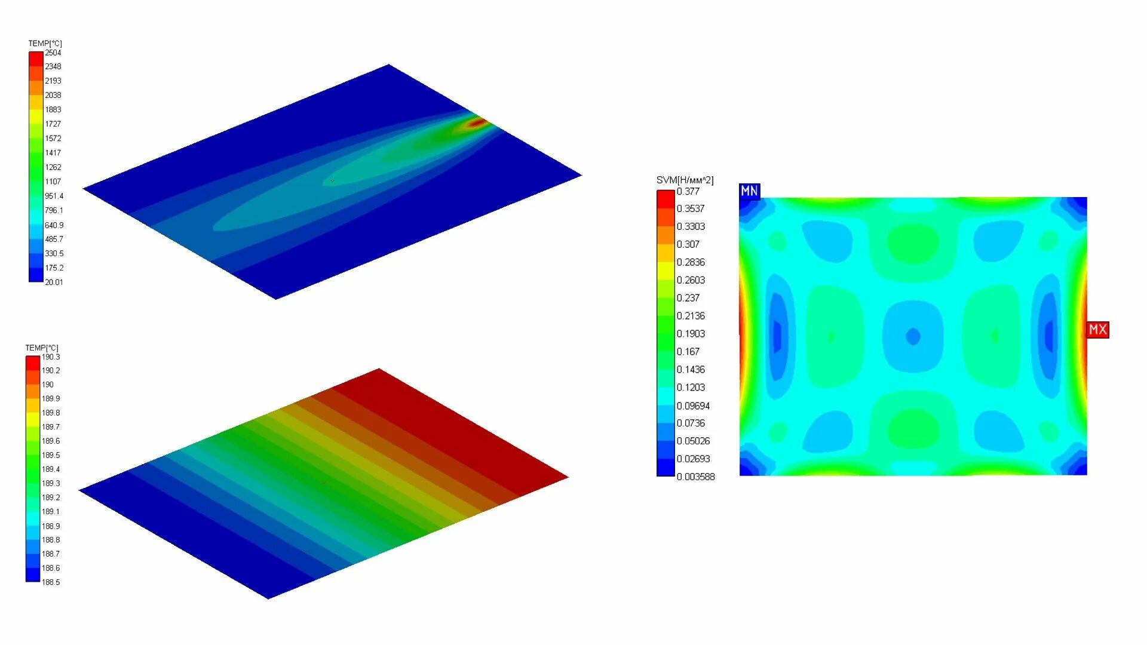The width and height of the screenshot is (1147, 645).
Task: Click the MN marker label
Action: click(749, 191)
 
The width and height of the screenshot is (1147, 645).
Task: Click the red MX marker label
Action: click(1097, 330)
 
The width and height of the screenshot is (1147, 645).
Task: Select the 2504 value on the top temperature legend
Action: click(53, 53)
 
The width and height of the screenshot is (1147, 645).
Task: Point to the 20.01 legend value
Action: click(54, 282)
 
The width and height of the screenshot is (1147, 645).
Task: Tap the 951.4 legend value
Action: click(54, 196)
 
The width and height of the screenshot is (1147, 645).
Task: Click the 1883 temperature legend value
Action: click(53, 109)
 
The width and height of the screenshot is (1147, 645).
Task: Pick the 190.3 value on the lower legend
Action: click(51, 357)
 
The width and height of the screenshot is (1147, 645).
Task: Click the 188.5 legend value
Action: click(51, 582)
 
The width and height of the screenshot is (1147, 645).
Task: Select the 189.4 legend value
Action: click(51, 469)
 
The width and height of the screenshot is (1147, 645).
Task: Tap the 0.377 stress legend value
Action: click(688, 191)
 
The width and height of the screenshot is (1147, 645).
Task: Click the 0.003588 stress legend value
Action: click(695, 477)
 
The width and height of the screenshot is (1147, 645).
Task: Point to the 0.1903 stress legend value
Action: click(691, 333)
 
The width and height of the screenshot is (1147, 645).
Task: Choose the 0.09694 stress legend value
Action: click(693, 406)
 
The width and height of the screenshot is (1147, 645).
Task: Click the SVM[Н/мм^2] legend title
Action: click(685, 180)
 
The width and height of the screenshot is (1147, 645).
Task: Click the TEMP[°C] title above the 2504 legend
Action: click(45, 43)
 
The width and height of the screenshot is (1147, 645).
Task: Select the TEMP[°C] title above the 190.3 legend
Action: click(42, 348)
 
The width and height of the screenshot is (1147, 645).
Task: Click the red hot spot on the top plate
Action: click(477, 123)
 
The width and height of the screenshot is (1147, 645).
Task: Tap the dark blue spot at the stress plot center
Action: click(913, 336)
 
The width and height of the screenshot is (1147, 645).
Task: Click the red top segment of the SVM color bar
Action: click(665, 199)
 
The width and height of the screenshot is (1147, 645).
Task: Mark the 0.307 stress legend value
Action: click(688, 244)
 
